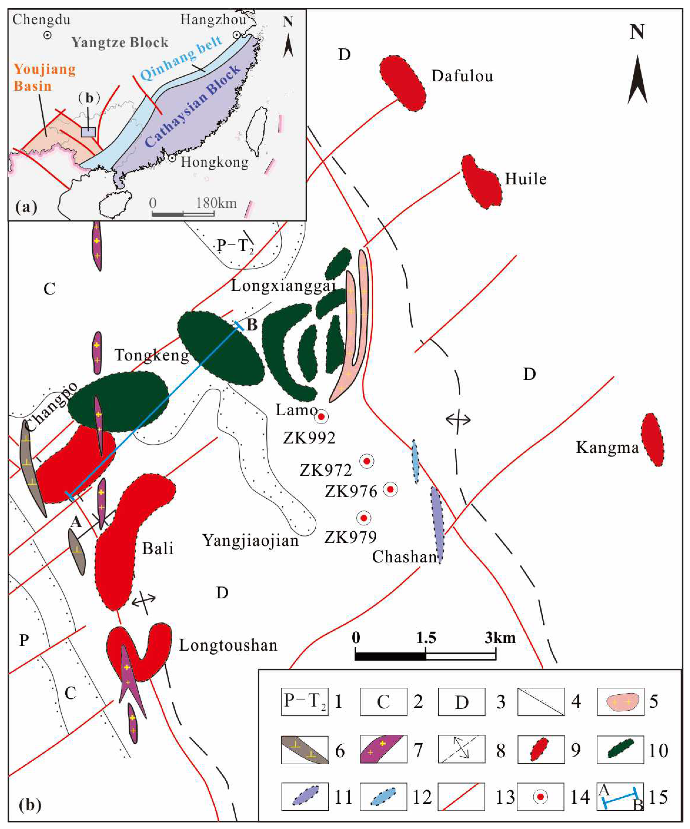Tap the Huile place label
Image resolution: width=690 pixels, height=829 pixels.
click(x=526, y=180)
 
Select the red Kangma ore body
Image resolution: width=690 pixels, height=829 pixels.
click(x=652, y=439)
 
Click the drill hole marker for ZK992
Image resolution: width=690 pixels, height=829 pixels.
click(x=321, y=417)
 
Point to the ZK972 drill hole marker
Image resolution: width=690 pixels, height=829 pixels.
click(x=367, y=461)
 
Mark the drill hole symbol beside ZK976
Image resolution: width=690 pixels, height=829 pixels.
click(x=390, y=490)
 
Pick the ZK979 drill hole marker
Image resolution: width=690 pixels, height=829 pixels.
click(x=364, y=518)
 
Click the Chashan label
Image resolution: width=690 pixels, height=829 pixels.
click(x=405, y=557)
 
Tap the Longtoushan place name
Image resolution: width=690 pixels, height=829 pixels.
click(x=228, y=645)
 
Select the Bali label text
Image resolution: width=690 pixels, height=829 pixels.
click(x=158, y=548)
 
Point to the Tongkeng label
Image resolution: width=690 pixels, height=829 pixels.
click(x=152, y=355)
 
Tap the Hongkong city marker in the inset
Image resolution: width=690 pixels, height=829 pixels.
click(x=172, y=158)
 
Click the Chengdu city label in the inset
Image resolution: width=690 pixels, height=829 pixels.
click(x=41, y=20)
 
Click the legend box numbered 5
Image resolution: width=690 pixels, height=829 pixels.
click(x=621, y=702)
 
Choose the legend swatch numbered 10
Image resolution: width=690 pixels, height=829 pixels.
click(x=621, y=749)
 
